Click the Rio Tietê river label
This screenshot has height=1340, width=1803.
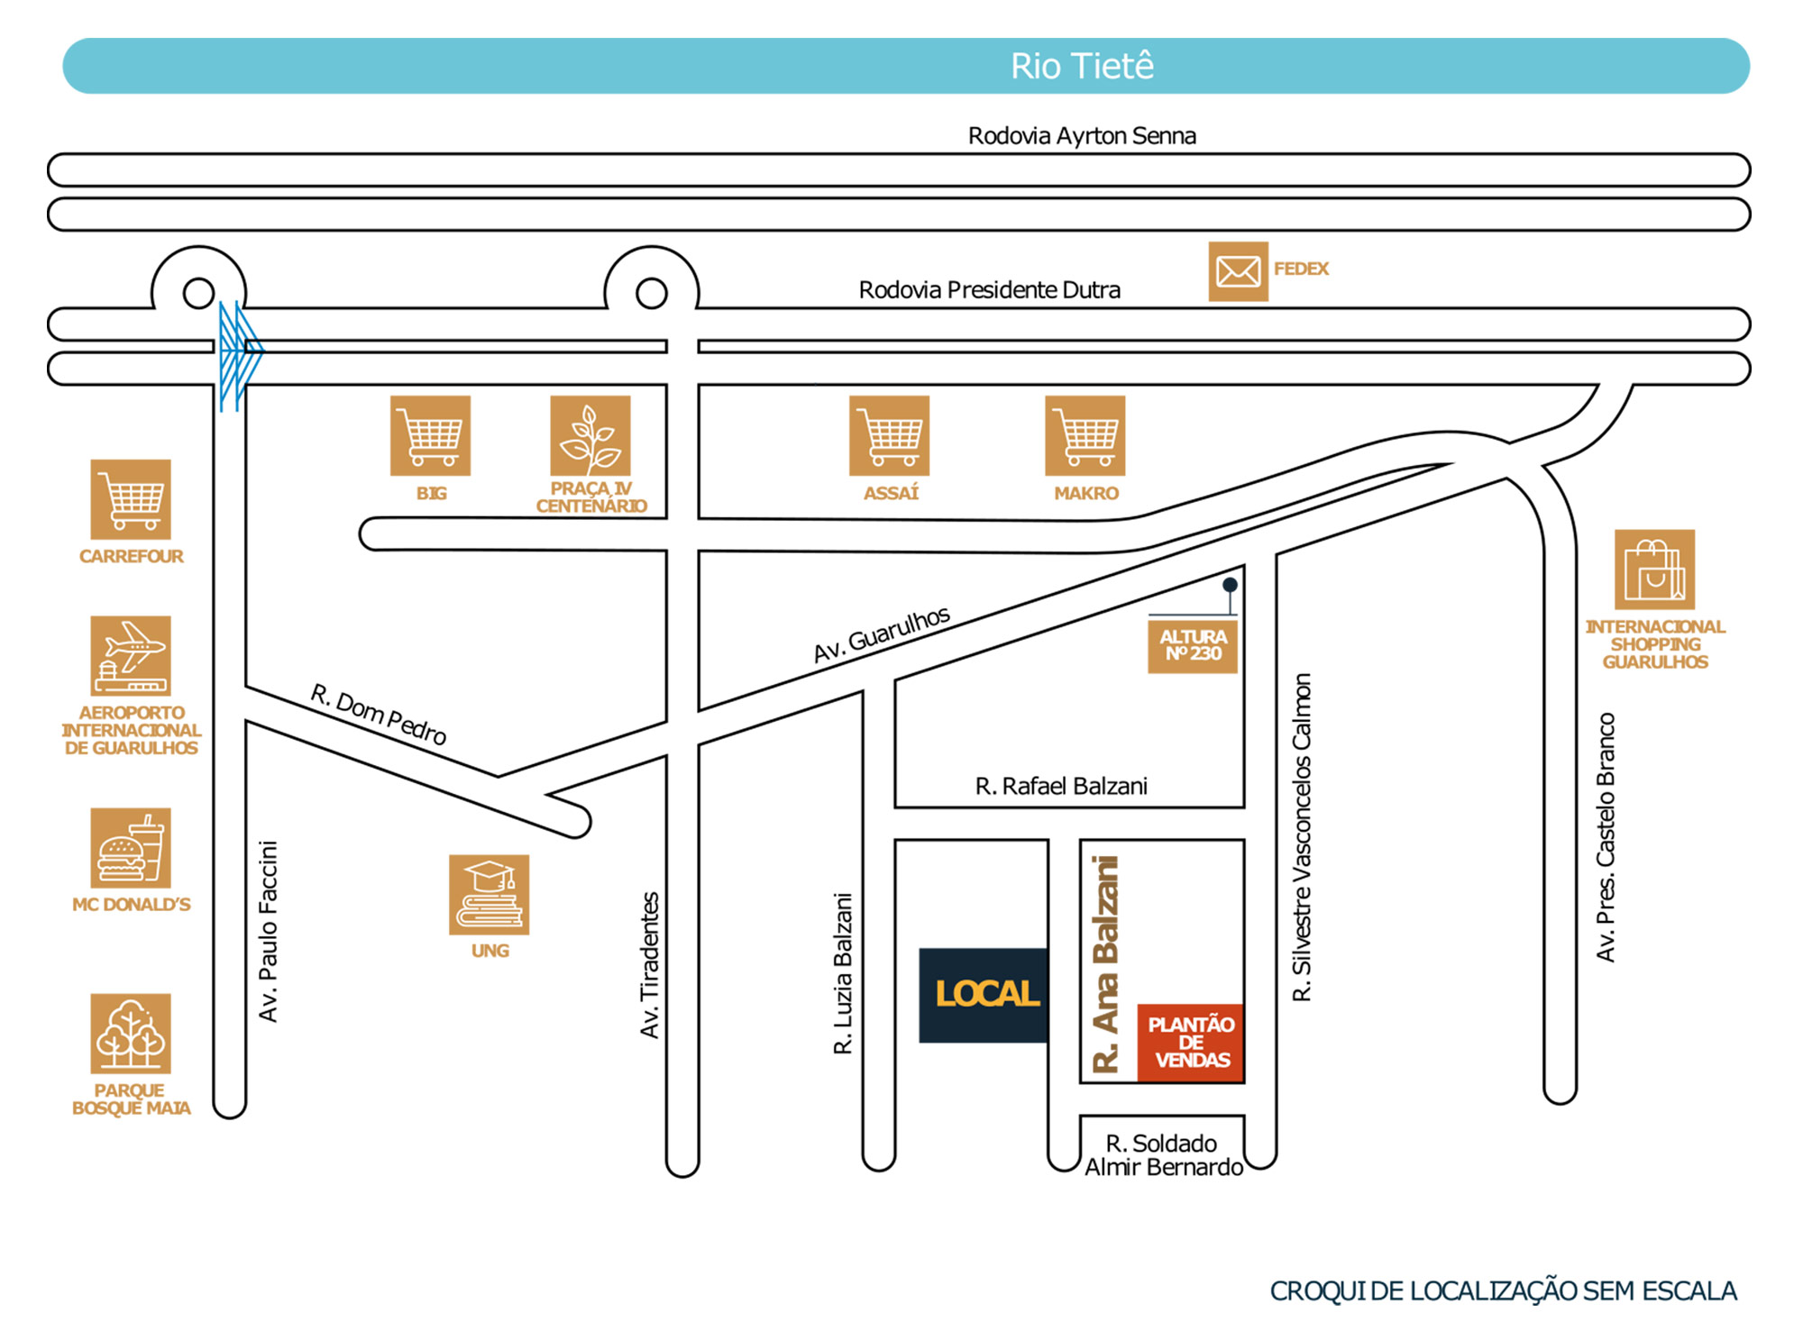[x=1082, y=66]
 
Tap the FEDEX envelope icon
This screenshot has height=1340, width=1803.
[x=1238, y=271]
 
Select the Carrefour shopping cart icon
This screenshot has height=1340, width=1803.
[x=131, y=499]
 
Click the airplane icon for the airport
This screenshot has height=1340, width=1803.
[x=131, y=655]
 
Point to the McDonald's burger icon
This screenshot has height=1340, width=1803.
[x=131, y=848]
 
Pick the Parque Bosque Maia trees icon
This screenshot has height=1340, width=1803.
[x=131, y=1034]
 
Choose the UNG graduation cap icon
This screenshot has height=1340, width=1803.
[x=490, y=895]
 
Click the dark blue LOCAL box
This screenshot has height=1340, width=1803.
[x=984, y=995]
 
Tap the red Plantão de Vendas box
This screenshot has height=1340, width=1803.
[x=1190, y=1043]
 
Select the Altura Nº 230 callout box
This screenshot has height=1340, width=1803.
[x=1193, y=645]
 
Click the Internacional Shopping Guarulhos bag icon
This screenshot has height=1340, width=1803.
[x=1654, y=570]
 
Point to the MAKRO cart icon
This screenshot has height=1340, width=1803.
[x=1085, y=435]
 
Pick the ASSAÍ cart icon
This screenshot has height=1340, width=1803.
[x=889, y=435]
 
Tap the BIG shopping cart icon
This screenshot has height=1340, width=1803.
[x=430, y=435]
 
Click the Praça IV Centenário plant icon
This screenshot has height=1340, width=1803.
[x=590, y=435]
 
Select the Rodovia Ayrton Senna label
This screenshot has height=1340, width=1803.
[x=1082, y=136]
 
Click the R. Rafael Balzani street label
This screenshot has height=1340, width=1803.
[x=1061, y=787]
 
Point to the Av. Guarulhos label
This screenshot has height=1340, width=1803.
[x=882, y=634]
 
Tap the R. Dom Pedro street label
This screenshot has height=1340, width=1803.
[x=379, y=715]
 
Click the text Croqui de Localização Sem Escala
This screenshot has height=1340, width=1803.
[x=1503, y=1291]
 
